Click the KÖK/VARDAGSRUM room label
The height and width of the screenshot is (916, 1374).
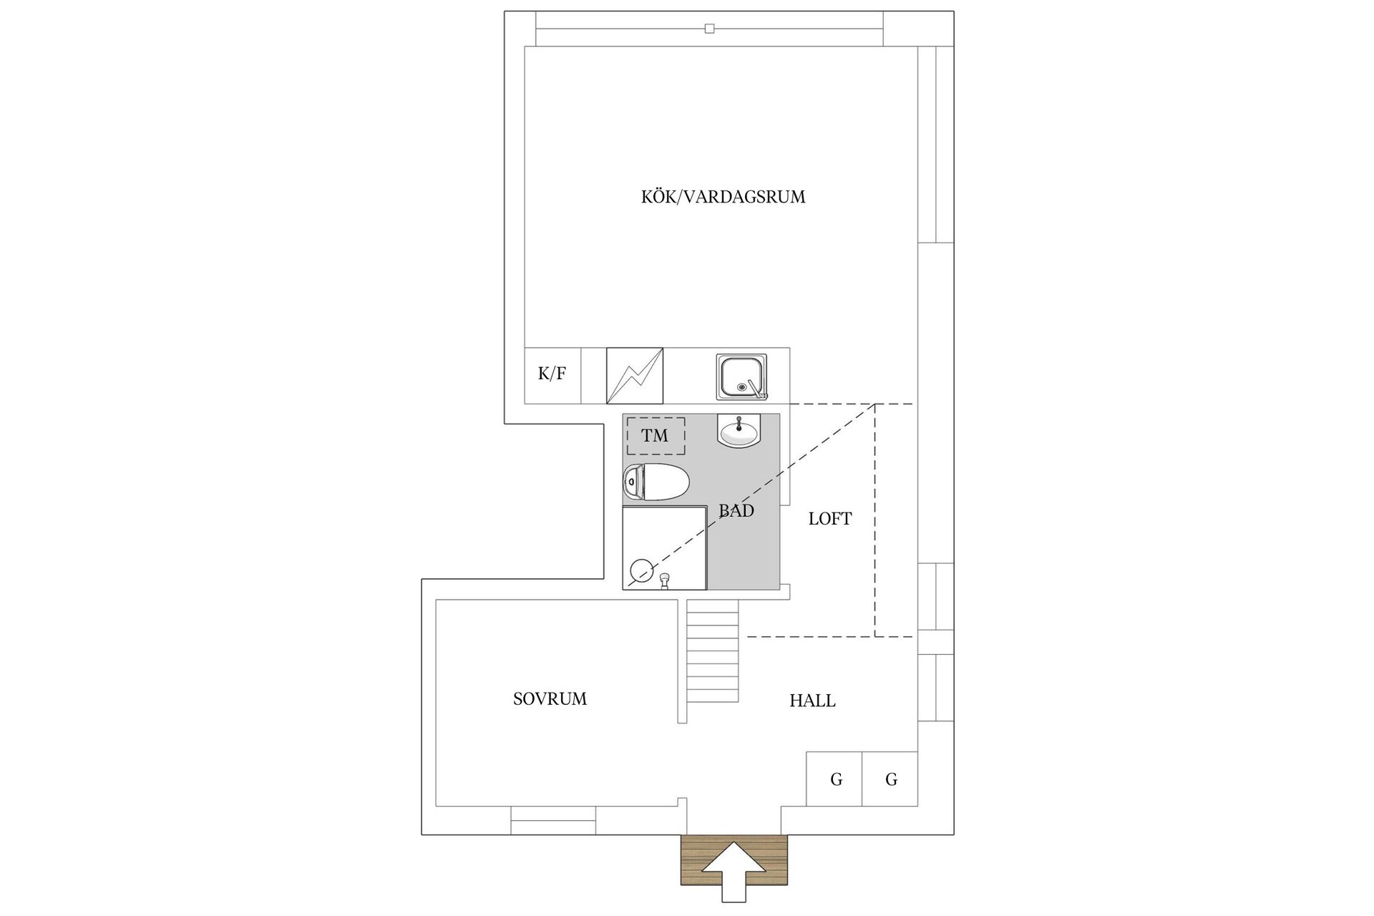[723, 197]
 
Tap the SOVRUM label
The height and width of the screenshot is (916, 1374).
[550, 699]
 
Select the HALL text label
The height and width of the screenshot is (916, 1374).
[812, 701]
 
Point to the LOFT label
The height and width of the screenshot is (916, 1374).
[830, 519]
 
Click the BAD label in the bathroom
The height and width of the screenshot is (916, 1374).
[736, 511]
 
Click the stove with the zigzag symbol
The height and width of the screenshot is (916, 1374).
[635, 376]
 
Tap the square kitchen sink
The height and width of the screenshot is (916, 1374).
[741, 376]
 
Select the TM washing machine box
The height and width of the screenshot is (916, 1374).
[656, 436]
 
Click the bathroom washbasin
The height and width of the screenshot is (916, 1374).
[739, 431]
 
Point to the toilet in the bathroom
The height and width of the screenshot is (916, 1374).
[656, 482]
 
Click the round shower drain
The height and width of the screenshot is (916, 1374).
[640, 570]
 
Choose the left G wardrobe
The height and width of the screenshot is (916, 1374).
[834, 779]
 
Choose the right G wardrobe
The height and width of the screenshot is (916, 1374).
[890, 779]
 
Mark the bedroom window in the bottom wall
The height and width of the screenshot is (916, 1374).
[553, 820]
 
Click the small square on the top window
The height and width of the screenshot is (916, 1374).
[709, 29]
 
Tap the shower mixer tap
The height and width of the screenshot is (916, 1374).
[666, 580]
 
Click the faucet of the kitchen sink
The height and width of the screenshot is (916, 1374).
[757, 389]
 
